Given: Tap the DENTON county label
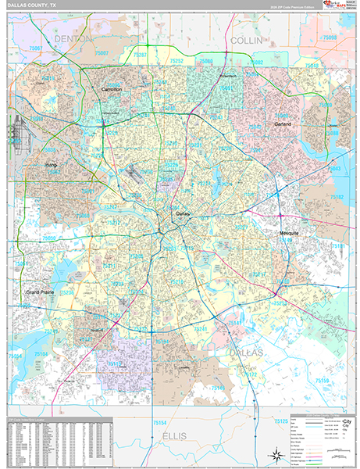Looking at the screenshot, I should point(73,38).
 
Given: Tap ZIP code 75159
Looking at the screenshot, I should point(323,379).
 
